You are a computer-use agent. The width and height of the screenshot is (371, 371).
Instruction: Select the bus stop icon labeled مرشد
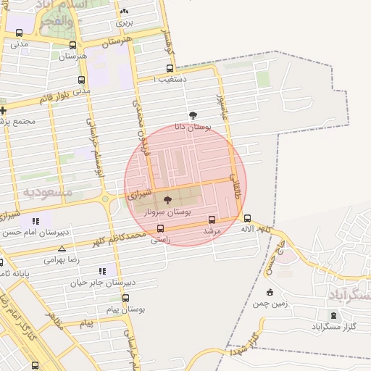tap(212, 219)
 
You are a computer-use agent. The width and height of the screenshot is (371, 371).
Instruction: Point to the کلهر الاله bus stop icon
tap(247, 218)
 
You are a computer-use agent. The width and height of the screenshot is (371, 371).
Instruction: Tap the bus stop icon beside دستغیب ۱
tap(170, 70)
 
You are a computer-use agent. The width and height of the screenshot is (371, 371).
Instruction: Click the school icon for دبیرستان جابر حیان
tap(102, 271)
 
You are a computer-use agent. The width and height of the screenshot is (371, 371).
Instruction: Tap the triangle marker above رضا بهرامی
tap(62, 249)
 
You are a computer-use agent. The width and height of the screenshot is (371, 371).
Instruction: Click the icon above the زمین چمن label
tap(270, 292)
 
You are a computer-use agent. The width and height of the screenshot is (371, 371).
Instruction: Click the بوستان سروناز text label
tap(167, 212)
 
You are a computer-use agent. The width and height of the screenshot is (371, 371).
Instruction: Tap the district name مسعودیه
tap(48, 193)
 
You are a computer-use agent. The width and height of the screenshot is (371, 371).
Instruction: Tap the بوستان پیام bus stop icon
tap(126, 298)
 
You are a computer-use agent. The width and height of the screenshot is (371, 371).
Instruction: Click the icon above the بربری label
tap(125, 11)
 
